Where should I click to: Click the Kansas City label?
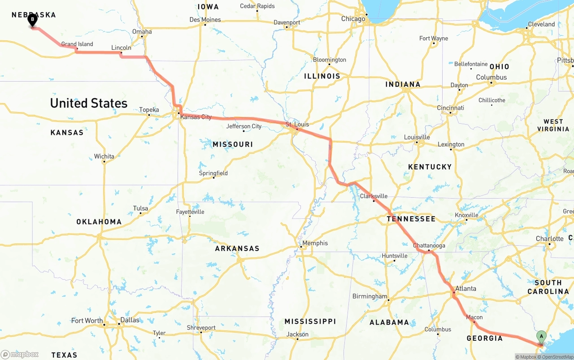pyautogui.click(x=196, y=117)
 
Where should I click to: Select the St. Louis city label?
pyautogui.click(x=297, y=124)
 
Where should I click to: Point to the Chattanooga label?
pyautogui.click(x=429, y=246)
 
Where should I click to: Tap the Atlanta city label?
pyautogui.click(x=465, y=288)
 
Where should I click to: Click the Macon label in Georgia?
pyautogui.click(x=474, y=317)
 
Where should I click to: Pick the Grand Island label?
pyautogui.click(x=77, y=44)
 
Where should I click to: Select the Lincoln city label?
pyautogui.click(x=121, y=48)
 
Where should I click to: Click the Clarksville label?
pyautogui.click(x=374, y=196)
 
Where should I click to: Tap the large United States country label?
pyautogui.click(x=89, y=103)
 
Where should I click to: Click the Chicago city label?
pyautogui.click(x=353, y=19)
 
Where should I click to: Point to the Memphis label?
pyautogui.click(x=315, y=243)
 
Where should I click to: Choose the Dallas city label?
pyautogui.click(x=130, y=321)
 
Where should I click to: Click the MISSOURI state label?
pyautogui.click(x=233, y=144)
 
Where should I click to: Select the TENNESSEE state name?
pyautogui.click(x=411, y=219)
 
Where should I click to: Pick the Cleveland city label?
pyautogui.click(x=541, y=24)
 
